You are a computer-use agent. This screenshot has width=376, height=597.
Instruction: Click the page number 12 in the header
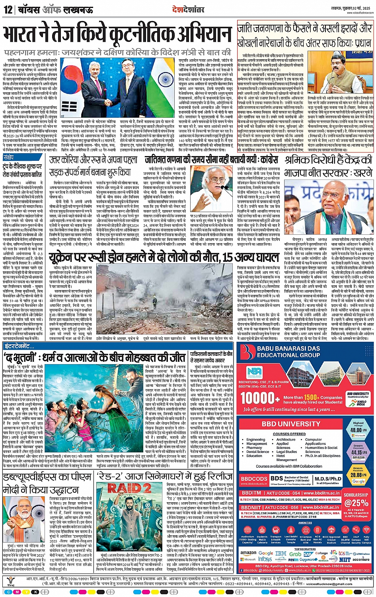point(8,9)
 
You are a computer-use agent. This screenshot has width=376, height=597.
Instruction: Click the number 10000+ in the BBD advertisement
point(261,398)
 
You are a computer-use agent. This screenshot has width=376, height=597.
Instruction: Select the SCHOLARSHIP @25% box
point(356,500)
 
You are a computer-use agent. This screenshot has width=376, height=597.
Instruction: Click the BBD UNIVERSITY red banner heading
point(291,424)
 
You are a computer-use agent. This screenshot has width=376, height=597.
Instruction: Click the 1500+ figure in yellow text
point(312,397)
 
